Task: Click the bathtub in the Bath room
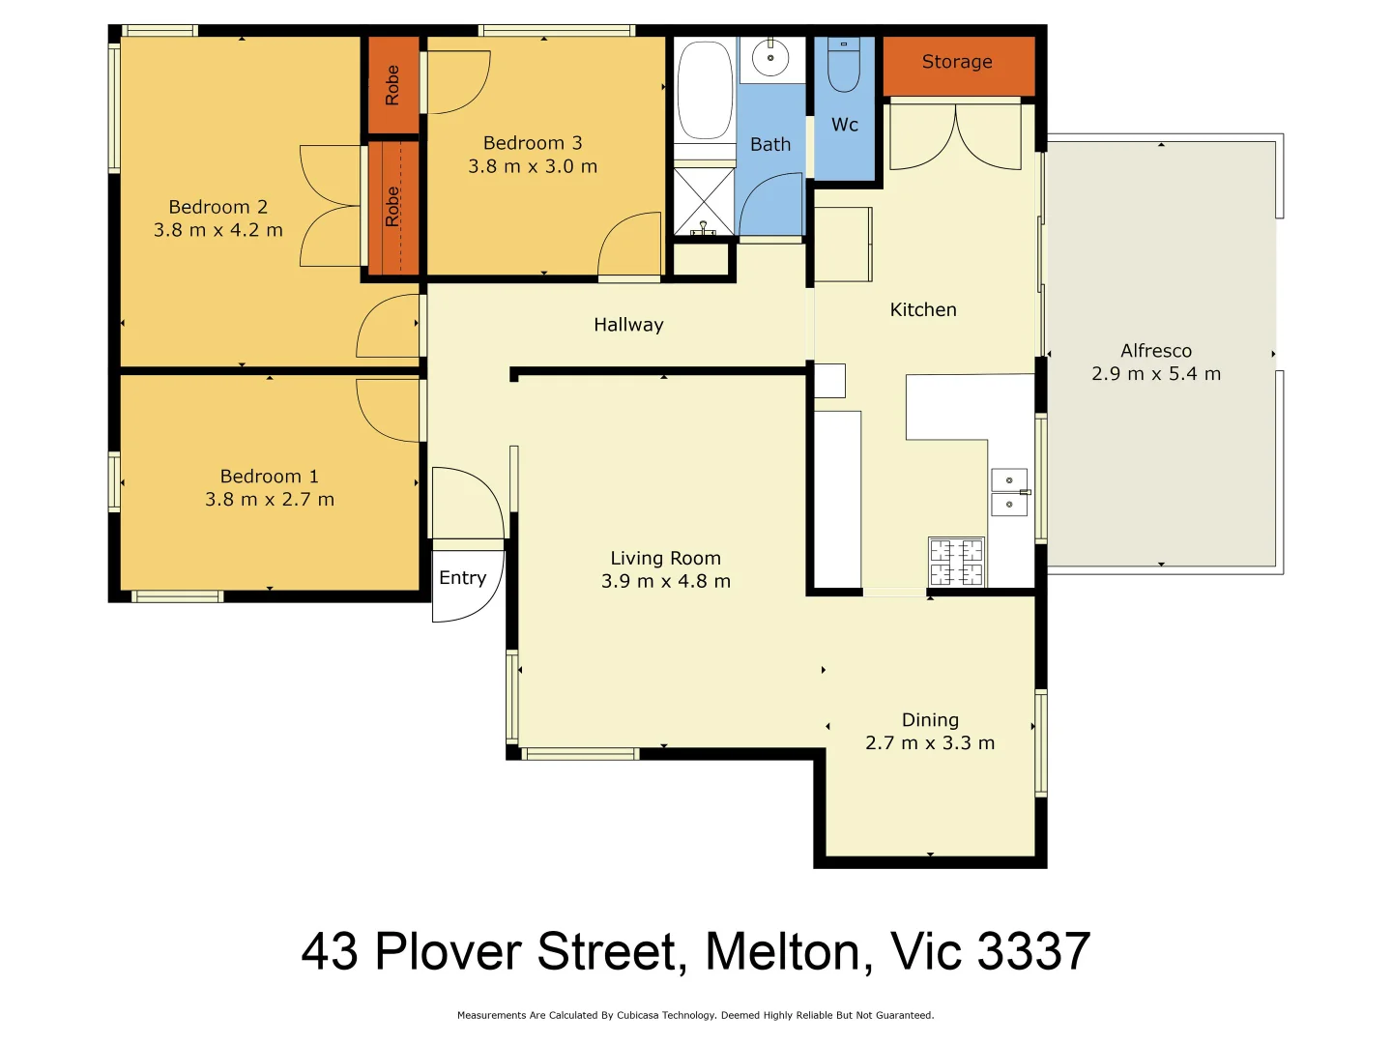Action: (x=704, y=90)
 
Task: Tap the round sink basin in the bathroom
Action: (x=770, y=58)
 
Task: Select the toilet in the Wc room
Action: (x=844, y=64)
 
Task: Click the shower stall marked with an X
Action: (x=703, y=201)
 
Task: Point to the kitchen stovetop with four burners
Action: (x=956, y=563)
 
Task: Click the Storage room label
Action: (x=957, y=62)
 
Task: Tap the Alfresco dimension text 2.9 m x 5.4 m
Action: (x=1156, y=374)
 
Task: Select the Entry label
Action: (x=462, y=578)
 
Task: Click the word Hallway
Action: (x=628, y=325)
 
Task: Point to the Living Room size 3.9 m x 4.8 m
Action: (x=666, y=581)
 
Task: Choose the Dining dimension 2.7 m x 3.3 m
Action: (x=930, y=743)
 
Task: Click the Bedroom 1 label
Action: (x=269, y=477)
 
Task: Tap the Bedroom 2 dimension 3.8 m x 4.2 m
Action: (x=218, y=230)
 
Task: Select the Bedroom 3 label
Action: (x=533, y=143)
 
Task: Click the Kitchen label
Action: (x=923, y=310)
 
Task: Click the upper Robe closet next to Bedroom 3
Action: (x=392, y=85)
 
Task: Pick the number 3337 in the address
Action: (x=1033, y=952)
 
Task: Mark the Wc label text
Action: (x=845, y=125)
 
